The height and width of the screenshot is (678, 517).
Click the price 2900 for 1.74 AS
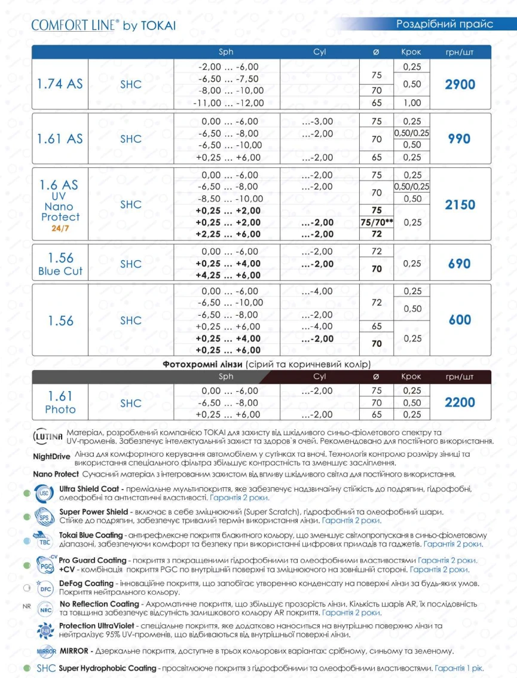pyautogui.click(x=460, y=84)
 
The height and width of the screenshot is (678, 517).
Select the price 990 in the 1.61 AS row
pyautogui.click(x=460, y=139)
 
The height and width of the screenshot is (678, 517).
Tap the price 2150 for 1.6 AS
pyautogui.click(x=460, y=204)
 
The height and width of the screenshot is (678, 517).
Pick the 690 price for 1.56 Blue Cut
pyautogui.click(x=460, y=264)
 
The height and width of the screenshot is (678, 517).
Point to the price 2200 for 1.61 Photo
pyautogui.click(x=460, y=402)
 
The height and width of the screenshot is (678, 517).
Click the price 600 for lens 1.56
pyautogui.click(x=460, y=320)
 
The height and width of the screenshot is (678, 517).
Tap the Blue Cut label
pyautogui.click(x=60, y=271)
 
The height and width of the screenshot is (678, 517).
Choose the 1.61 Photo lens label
pyautogui.click(x=60, y=402)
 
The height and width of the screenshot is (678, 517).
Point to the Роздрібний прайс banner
pyautogui.click(x=445, y=24)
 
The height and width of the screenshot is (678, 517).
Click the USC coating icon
pyautogui.click(x=45, y=493)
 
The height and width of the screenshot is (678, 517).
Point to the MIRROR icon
pyautogui.click(x=46, y=650)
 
